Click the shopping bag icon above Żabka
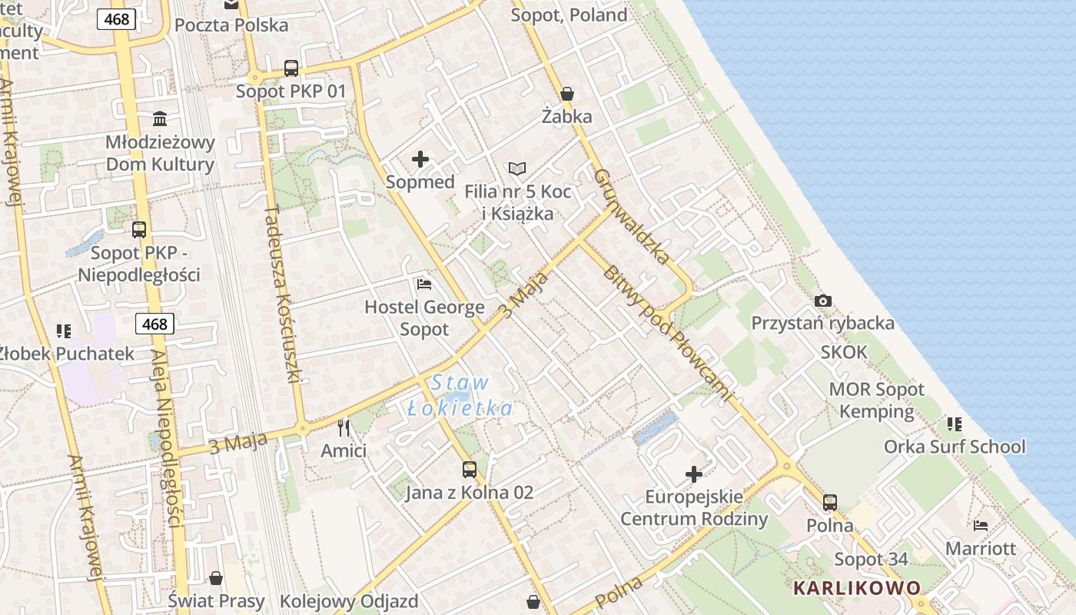(x=567, y=94)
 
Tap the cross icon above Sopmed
(x=420, y=159)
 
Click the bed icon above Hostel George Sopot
(x=424, y=284)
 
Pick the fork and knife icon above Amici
(x=344, y=427)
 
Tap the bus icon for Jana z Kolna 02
(x=469, y=469)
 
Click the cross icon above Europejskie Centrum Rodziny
(x=694, y=474)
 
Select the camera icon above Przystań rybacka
(x=823, y=301)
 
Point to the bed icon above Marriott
(x=981, y=526)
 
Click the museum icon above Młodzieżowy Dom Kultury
(x=160, y=118)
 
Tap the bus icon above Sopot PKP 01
(x=291, y=68)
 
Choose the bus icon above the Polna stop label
(x=830, y=503)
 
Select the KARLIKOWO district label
(x=857, y=588)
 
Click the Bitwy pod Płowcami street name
(x=666, y=334)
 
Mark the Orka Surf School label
(x=955, y=447)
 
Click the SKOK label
(x=844, y=352)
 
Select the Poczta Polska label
(x=231, y=25)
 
